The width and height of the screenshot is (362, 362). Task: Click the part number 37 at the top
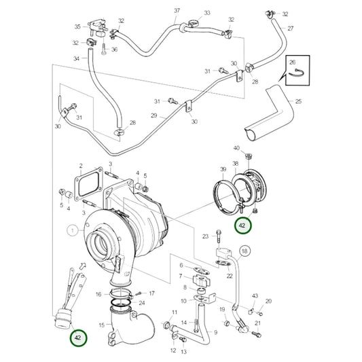coord(177,11)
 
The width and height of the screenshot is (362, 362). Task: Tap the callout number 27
coord(291,29)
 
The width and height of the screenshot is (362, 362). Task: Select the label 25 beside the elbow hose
coord(298,101)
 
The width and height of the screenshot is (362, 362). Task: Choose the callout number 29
coord(153,116)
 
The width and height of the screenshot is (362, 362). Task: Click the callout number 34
coord(77,59)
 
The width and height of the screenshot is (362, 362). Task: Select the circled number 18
coord(245,251)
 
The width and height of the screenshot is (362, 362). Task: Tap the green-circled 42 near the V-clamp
coord(242,225)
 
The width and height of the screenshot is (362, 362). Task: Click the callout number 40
coord(236,147)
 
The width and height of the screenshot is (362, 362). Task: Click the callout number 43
coord(255,296)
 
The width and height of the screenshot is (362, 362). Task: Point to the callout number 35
coord(77,26)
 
